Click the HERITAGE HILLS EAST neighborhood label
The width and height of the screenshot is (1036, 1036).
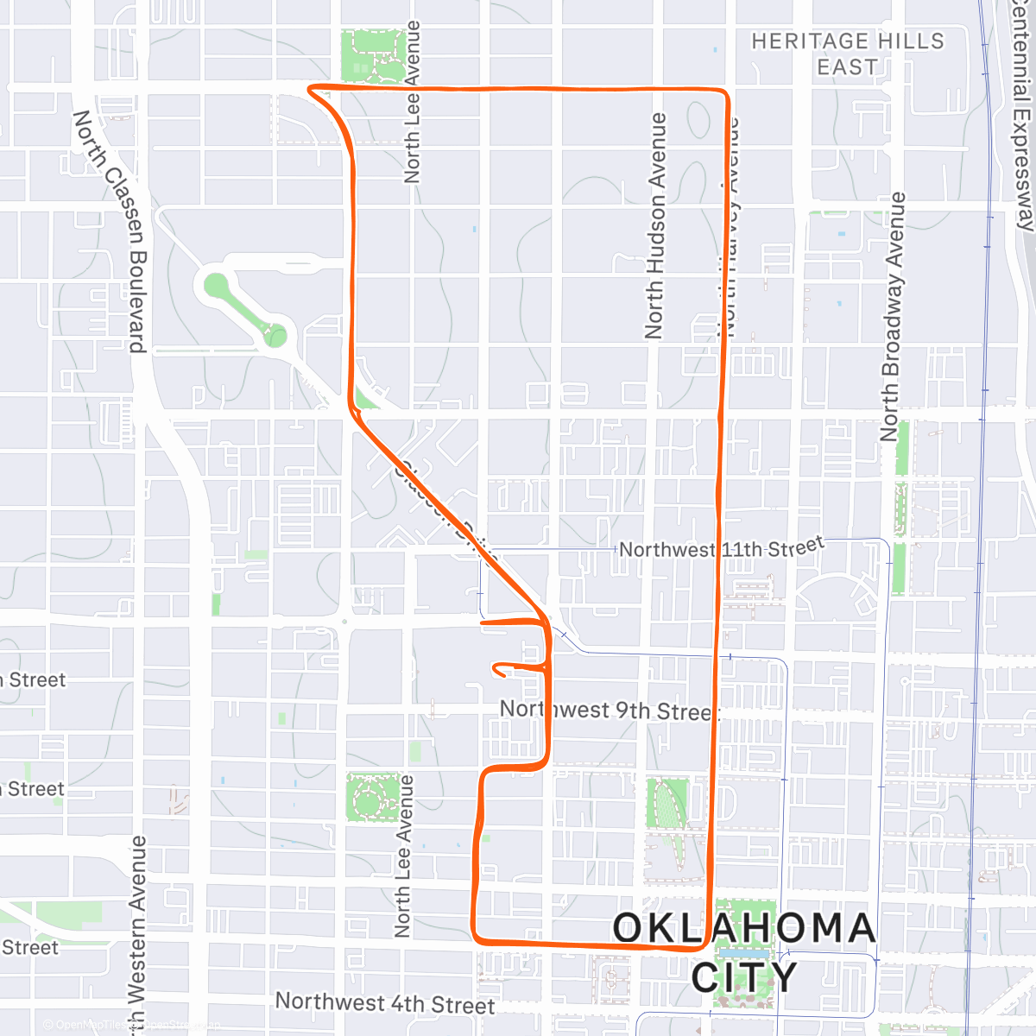[x=847, y=54]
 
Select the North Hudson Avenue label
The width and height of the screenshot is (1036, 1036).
[x=655, y=226]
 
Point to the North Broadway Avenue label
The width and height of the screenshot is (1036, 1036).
[x=890, y=317]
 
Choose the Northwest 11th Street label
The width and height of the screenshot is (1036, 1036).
[x=722, y=548]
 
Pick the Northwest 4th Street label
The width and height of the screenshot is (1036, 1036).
[x=385, y=1003]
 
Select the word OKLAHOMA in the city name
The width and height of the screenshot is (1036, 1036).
[x=744, y=929]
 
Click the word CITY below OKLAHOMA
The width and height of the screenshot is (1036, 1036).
[x=744, y=977]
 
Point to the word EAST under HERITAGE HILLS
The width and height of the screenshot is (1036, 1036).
[x=847, y=67]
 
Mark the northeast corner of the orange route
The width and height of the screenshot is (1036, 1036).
[x=725, y=92]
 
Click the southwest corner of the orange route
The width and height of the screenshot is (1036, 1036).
[x=475, y=936]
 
